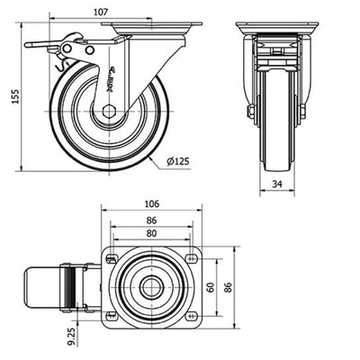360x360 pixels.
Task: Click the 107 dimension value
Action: pyautogui.click(x=101, y=12)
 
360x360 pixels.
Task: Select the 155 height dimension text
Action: pyautogui.click(x=15, y=96)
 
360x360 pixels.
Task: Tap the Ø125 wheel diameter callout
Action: pyautogui.click(x=178, y=161)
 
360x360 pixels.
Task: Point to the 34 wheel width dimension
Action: pyautogui.click(x=277, y=184)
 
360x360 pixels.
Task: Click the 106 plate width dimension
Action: pyautogui.click(x=152, y=204)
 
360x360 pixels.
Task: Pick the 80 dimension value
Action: pyautogui.click(x=152, y=233)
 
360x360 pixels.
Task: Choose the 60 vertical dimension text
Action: pyautogui.click(x=211, y=287)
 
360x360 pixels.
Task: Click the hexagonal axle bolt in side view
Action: pyautogui.click(x=109, y=112)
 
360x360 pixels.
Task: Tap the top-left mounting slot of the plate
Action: pyautogui.click(x=112, y=258)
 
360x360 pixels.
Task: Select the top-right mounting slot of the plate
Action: pyautogui.click(x=191, y=257)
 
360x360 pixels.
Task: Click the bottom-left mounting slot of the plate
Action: pyautogui.click(x=112, y=315)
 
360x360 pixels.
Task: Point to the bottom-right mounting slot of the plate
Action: pyautogui.click(x=191, y=315)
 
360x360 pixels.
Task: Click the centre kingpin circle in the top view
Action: pyautogui.click(x=152, y=287)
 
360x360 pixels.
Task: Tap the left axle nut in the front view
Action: pyautogui.click(x=251, y=112)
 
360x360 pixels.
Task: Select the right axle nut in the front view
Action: pyautogui.click(x=302, y=111)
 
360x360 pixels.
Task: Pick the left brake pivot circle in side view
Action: pyautogui.click(x=67, y=48)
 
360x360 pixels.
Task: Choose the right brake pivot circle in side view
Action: pyautogui.click(x=89, y=49)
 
